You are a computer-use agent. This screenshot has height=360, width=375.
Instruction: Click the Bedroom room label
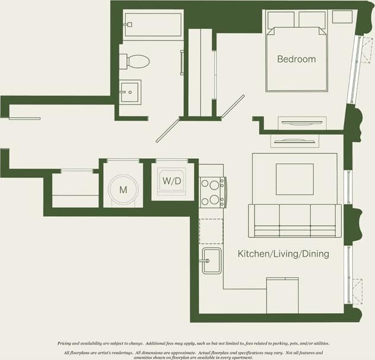[296, 59]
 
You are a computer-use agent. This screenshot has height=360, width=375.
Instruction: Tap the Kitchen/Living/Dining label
[283, 254]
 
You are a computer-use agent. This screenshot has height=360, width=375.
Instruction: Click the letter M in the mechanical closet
[123, 190]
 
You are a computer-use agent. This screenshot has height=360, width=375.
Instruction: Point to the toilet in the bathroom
[136, 61]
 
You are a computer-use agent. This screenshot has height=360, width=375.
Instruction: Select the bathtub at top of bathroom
[153, 25]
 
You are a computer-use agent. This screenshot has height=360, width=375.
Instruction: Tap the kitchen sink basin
[211, 260]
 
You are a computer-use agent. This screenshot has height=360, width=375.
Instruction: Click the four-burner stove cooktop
[211, 192]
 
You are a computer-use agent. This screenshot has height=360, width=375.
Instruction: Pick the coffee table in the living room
[294, 179]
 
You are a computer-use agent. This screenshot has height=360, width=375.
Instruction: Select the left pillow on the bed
[281, 19]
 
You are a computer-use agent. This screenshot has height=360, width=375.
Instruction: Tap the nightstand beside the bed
[342, 17]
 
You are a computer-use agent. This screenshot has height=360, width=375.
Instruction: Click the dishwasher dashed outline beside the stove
[211, 231]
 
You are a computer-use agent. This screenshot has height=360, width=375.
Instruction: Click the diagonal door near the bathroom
[168, 130]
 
